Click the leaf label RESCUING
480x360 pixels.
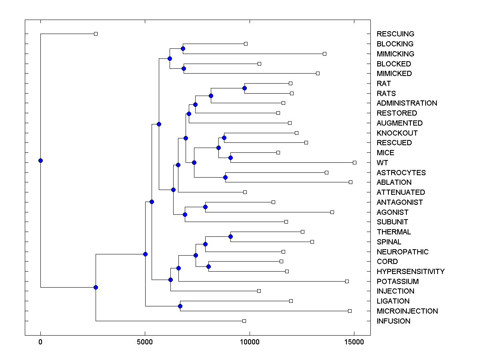tap(395, 34)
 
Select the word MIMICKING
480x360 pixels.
tap(395, 54)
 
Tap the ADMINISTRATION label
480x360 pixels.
tap(407, 103)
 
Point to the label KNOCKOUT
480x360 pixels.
tap(397, 133)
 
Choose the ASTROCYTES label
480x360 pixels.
tap(401, 172)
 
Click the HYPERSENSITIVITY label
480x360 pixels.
tap(410, 271)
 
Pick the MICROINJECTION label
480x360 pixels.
tap(407, 311)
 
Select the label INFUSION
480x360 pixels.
tap(393, 321)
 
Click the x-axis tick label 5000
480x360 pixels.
tap(145, 342)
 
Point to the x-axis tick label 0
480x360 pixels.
tap(40, 342)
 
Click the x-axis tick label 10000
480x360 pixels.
tap(250, 342)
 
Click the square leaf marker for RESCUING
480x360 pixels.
tap(96, 34)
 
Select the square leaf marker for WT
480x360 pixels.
tap(354, 162)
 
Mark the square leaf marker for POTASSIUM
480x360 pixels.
tap(347, 281)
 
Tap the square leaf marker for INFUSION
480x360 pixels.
tap(244, 321)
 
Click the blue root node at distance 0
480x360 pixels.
tap(40, 160)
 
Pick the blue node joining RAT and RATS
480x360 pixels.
tap(244, 88)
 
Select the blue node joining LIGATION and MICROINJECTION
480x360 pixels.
tap(180, 306)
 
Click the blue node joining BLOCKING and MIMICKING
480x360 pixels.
tap(183, 48)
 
